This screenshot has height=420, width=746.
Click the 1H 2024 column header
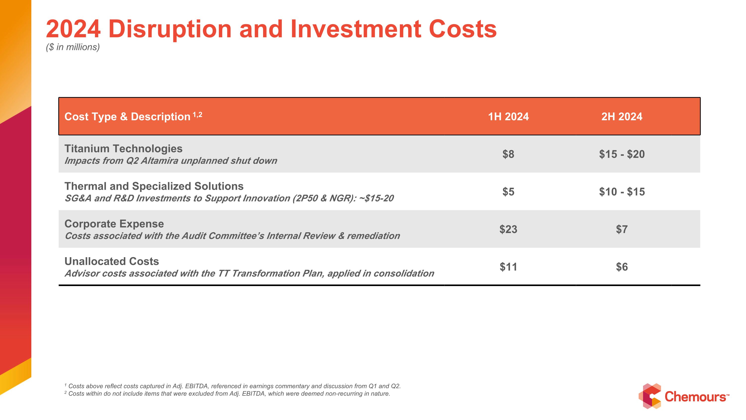(508, 117)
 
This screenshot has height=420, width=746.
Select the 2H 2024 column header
(622, 117)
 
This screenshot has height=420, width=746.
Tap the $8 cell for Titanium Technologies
(508, 154)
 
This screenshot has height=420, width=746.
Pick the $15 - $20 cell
(622, 154)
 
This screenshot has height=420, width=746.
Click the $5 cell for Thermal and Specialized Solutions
(508, 192)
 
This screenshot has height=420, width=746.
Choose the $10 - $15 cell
(622, 192)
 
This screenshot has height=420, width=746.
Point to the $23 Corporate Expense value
(508, 229)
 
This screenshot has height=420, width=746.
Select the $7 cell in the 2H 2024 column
(622, 229)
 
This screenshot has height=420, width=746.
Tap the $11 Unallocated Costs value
(508, 267)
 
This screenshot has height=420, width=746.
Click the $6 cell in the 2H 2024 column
(622, 267)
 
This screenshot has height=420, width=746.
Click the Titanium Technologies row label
(123, 149)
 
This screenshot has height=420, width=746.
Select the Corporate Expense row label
(114, 224)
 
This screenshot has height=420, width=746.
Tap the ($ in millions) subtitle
(73, 47)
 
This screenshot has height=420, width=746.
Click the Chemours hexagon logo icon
(650, 396)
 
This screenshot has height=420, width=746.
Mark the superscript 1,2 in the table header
(197, 115)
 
